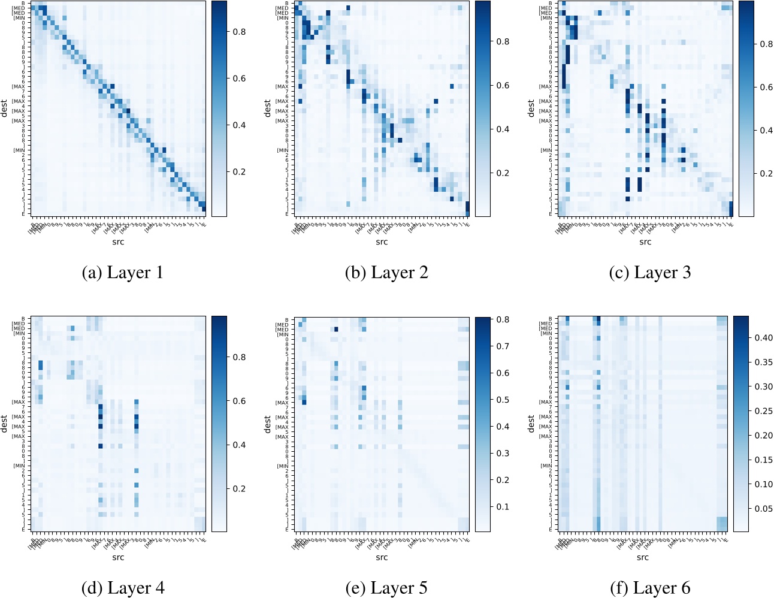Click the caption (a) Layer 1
[122, 273]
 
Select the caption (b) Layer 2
[386, 273]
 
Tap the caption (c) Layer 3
[650, 273]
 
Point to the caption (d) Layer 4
[122, 588]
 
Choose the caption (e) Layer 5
[386, 588]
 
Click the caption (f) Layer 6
[650, 588]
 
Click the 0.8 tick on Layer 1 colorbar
[239, 32]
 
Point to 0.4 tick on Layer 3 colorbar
[766, 130]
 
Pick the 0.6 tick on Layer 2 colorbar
[503, 85]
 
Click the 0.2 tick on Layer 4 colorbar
[239, 489]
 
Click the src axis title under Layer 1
[118, 242]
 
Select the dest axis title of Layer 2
[267, 108]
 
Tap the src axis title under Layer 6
[643, 557]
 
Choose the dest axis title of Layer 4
[4, 424]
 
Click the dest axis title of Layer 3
[531, 108]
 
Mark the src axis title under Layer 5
[382, 557]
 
